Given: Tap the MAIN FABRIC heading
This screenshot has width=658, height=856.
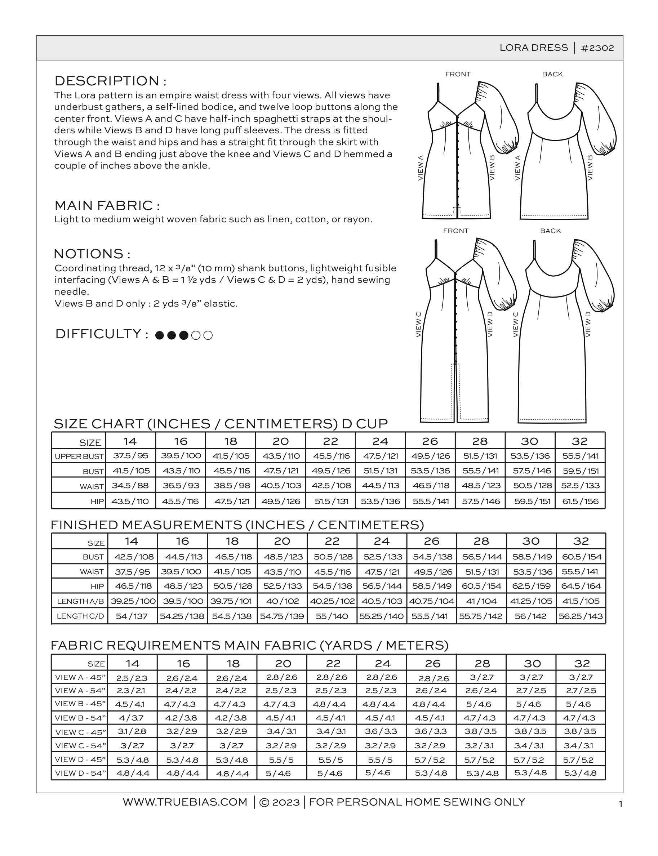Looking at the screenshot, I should point(107,206).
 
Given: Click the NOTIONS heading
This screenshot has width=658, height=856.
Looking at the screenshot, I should point(92,254).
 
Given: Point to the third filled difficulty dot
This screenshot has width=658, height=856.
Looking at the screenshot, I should point(184,335).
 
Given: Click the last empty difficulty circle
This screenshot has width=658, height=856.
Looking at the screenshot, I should point(208,335).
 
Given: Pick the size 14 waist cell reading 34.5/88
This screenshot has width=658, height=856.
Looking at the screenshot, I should point(130,486).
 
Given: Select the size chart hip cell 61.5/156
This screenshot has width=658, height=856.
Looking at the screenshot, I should point(580,501).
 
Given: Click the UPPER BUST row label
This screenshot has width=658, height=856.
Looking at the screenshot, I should point(79,456).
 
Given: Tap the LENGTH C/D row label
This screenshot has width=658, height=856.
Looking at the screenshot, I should point(80,616).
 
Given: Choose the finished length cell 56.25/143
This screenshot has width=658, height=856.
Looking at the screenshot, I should point(581,616).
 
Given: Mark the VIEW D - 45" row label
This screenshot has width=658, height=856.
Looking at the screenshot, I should point(80,759).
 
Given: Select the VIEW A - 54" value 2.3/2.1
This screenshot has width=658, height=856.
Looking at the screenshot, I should point(132,691).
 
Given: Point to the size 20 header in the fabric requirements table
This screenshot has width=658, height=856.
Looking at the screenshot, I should point(283,663).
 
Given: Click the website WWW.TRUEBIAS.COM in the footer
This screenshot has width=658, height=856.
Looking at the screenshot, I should point(185,802).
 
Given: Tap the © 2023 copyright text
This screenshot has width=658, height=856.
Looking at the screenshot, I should point(279,802).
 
